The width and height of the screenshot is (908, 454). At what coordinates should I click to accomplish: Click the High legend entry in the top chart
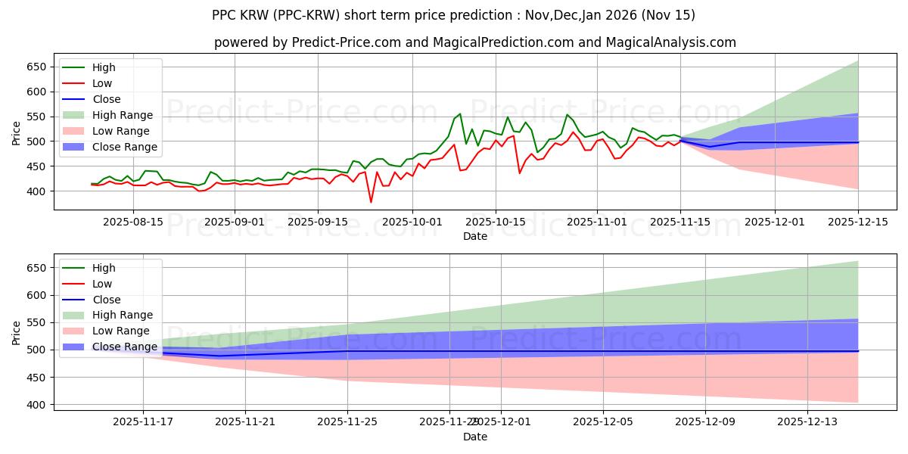coord(103,67)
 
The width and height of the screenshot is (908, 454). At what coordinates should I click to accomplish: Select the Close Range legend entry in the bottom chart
coord(124,347)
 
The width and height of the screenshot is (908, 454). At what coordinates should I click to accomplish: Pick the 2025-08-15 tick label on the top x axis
coord(133,222)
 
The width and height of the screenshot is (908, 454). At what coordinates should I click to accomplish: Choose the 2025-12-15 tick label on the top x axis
coord(858,222)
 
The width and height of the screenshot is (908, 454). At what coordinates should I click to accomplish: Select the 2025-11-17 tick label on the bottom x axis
coord(143,422)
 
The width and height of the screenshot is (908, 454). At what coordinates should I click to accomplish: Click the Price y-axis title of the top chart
coord(17,132)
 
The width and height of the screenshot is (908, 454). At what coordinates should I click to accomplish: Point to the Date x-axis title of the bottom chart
coord(475,437)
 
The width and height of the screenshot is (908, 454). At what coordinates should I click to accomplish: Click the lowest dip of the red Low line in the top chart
coord(371,202)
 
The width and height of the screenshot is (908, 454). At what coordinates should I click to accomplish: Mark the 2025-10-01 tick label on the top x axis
coord(412,222)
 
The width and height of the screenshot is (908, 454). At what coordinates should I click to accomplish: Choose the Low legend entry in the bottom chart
coord(101,284)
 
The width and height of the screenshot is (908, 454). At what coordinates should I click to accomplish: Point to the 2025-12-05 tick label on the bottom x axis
coord(603,422)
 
